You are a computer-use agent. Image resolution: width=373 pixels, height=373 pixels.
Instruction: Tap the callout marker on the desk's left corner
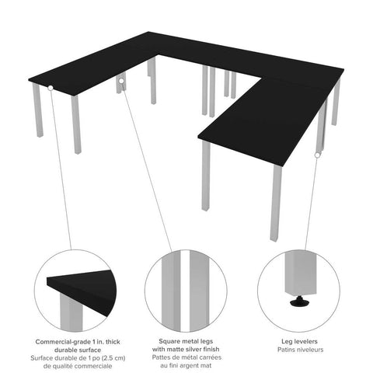51,89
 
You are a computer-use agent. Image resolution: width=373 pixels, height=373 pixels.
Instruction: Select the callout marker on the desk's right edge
316,156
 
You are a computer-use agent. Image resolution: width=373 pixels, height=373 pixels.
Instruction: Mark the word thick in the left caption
106,342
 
